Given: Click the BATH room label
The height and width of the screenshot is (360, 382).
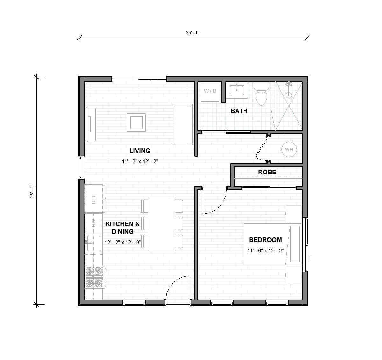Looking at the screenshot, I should click(239, 111).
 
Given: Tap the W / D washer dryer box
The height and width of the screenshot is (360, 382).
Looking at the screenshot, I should click(210, 91).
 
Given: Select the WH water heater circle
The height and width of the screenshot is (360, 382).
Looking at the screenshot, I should click(289, 150).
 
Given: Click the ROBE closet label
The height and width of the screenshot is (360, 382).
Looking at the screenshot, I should click(267, 172).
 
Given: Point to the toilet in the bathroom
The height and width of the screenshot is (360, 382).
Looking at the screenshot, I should click(262, 95).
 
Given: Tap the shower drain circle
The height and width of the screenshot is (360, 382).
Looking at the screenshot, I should click(289, 95).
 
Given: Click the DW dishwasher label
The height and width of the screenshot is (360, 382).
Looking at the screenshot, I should click(94, 223).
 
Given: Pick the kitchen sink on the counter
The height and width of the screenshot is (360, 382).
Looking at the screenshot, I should click(93, 243).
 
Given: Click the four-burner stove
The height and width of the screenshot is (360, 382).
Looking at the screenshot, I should click(95, 277).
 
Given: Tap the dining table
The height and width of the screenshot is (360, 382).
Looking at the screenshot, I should click(162, 224).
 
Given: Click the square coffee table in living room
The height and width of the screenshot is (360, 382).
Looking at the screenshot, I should click(137, 122).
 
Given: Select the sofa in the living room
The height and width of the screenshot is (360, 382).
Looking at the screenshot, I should click(183, 124).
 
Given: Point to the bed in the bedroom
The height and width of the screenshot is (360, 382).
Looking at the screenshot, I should click(272, 244).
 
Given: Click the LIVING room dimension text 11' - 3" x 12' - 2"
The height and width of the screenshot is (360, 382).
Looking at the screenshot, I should click(140, 161).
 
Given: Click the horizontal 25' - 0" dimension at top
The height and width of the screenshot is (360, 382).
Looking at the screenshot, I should click(193, 33).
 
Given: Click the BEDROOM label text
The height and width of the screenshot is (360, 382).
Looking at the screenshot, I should click(265, 240).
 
